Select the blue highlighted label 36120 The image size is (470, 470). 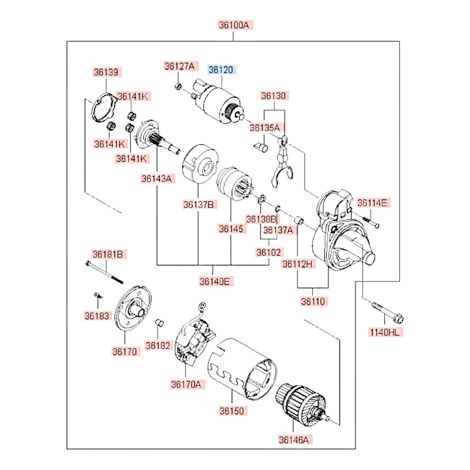click(221, 70)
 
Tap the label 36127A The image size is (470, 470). click(179, 66)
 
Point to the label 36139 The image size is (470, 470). click(106, 72)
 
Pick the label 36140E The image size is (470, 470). click(214, 282)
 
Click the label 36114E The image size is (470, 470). click(372, 203)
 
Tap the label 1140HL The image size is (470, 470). click(385, 333)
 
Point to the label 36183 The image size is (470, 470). click(96, 316)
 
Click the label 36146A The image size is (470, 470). click(294, 440)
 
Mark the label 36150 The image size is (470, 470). click(231, 410)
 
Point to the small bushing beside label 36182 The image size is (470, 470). click(159, 323)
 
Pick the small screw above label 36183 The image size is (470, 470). click(97, 296)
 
